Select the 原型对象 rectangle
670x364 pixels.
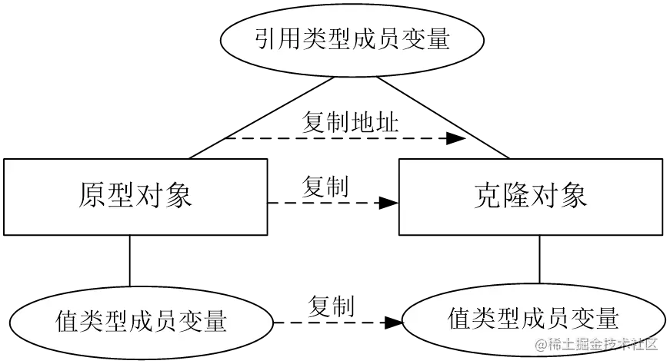click(135, 197)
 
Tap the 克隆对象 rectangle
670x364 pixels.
click(531, 197)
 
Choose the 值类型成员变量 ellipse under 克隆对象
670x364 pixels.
click(533, 317)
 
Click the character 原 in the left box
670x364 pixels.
click(92, 197)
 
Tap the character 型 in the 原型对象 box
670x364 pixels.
click(122, 197)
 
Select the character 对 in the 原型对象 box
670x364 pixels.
click(150, 197)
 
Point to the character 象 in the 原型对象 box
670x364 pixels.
click(178, 197)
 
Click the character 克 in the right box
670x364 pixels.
click(488, 197)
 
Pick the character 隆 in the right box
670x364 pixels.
click(516, 197)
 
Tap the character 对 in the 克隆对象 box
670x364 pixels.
click(545, 197)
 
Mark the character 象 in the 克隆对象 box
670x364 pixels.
click(574, 197)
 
